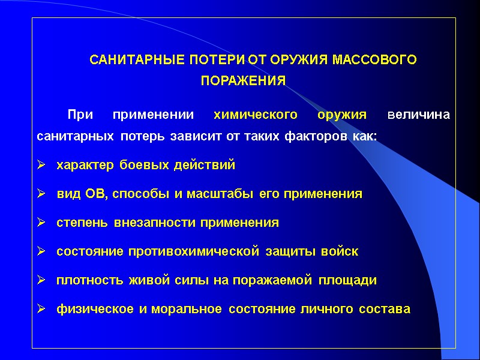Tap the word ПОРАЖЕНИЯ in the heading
pos(243,80)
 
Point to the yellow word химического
pos(256,115)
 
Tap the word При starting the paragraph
pos(80,115)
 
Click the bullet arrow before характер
pos(41,165)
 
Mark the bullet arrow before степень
pos(41,223)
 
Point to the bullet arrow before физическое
pos(41,309)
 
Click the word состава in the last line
pos(390,309)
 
